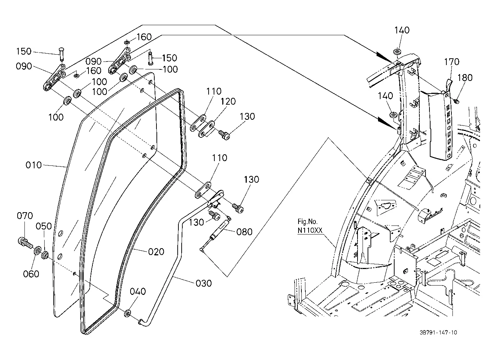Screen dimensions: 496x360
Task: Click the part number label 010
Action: (x=33, y=165)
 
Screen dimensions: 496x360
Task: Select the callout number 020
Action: (x=156, y=252)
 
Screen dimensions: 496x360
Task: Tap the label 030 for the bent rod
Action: (x=204, y=283)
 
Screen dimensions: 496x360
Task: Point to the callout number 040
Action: (x=138, y=291)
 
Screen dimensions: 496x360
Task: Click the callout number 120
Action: (x=228, y=101)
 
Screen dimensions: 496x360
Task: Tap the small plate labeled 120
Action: (x=206, y=129)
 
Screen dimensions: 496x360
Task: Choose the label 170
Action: (x=452, y=62)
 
